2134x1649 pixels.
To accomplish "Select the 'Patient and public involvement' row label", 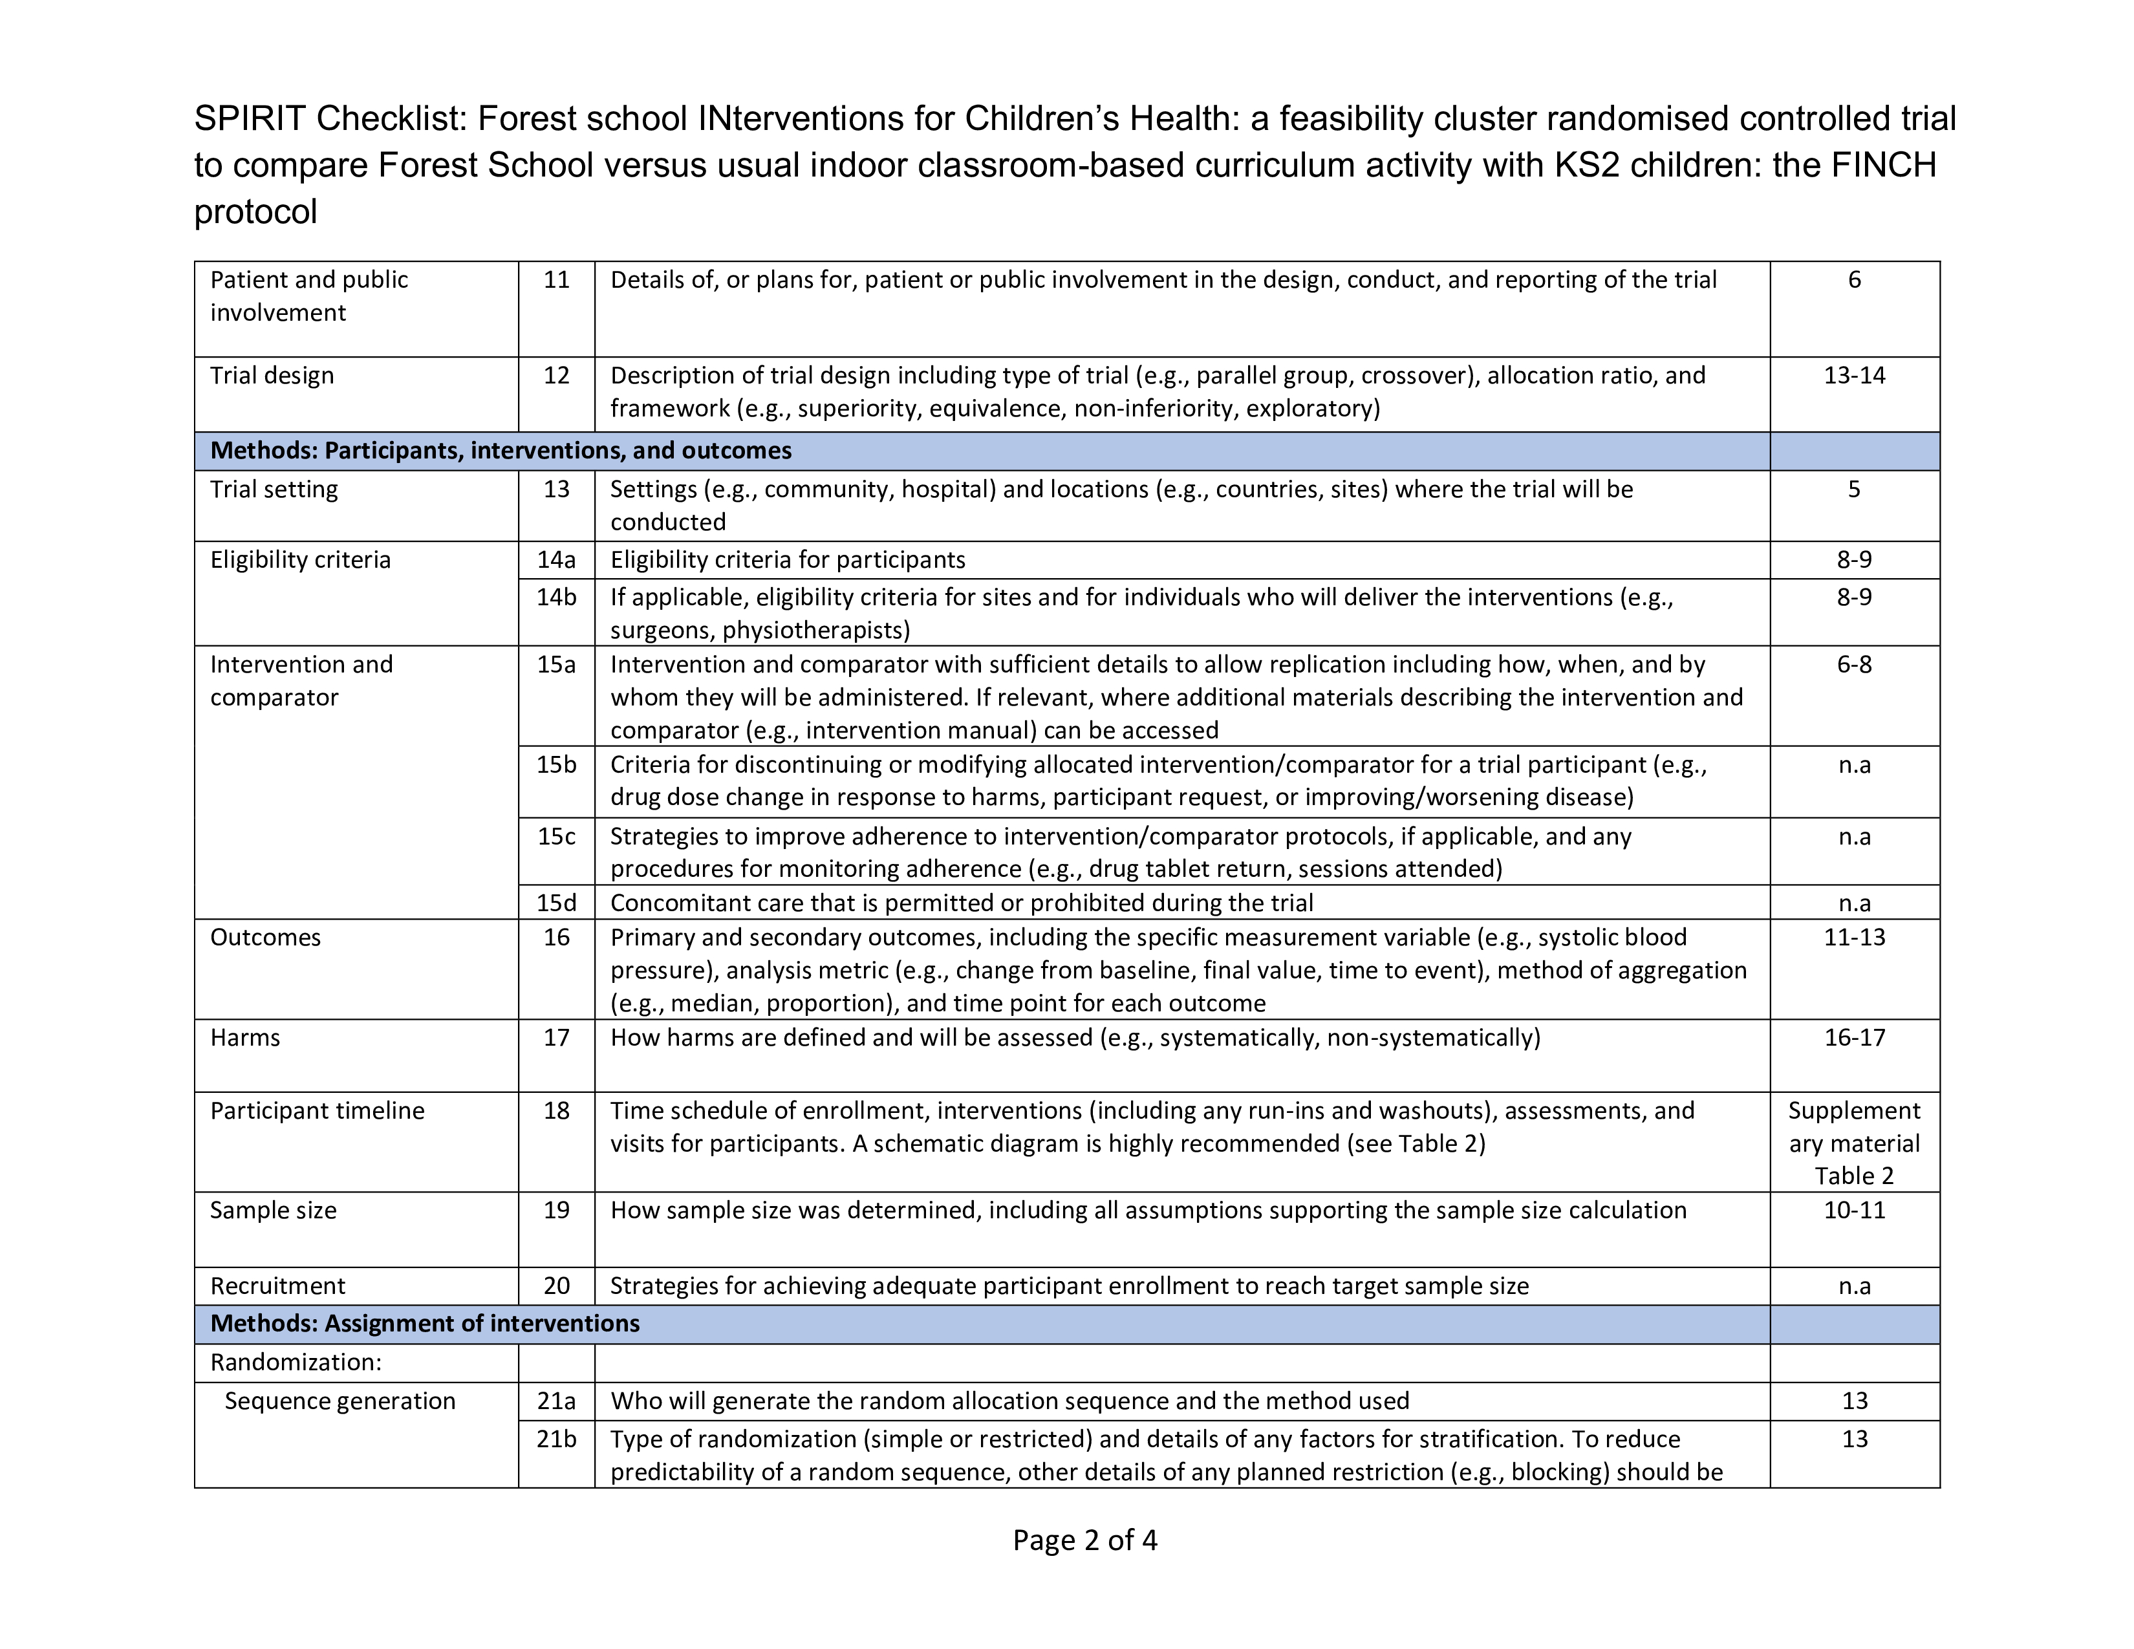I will [x=308, y=296].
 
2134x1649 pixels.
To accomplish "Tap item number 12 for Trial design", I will [x=556, y=376].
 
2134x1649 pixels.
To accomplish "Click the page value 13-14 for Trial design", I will [x=1853, y=376].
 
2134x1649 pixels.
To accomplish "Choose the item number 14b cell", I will [x=556, y=597].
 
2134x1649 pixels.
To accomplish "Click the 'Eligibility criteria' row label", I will [x=300, y=560].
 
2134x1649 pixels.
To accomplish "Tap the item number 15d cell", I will [x=556, y=903].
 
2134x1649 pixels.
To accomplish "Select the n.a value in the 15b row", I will [x=1853, y=765].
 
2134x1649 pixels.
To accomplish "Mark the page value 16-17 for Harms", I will [x=1853, y=1037].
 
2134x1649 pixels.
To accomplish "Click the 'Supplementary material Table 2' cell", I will [x=1853, y=1143].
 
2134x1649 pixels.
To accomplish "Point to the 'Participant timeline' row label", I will [x=318, y=1112].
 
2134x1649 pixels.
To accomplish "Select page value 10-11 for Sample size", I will [x=1853, y=1211].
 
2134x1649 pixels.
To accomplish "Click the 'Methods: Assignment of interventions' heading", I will [x=425, y=1324].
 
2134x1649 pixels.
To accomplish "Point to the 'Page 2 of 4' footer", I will [x=1084, y=1540].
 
